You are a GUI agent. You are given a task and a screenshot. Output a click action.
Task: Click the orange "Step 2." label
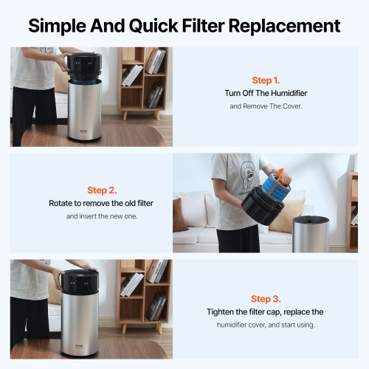pyautogui.click(x=102, y=190)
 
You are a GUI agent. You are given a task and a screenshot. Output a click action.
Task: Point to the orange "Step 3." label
pyautogui.click(x=266, y=298)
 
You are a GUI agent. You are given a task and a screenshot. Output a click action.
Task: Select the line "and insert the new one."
pyautogui.click(x=102, y=216)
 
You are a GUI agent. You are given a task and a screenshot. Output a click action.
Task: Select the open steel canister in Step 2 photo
pyautogui.click(x=310, y=232)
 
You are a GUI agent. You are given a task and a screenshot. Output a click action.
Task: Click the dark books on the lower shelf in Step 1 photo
pyautogui.click(x=154, y=96)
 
